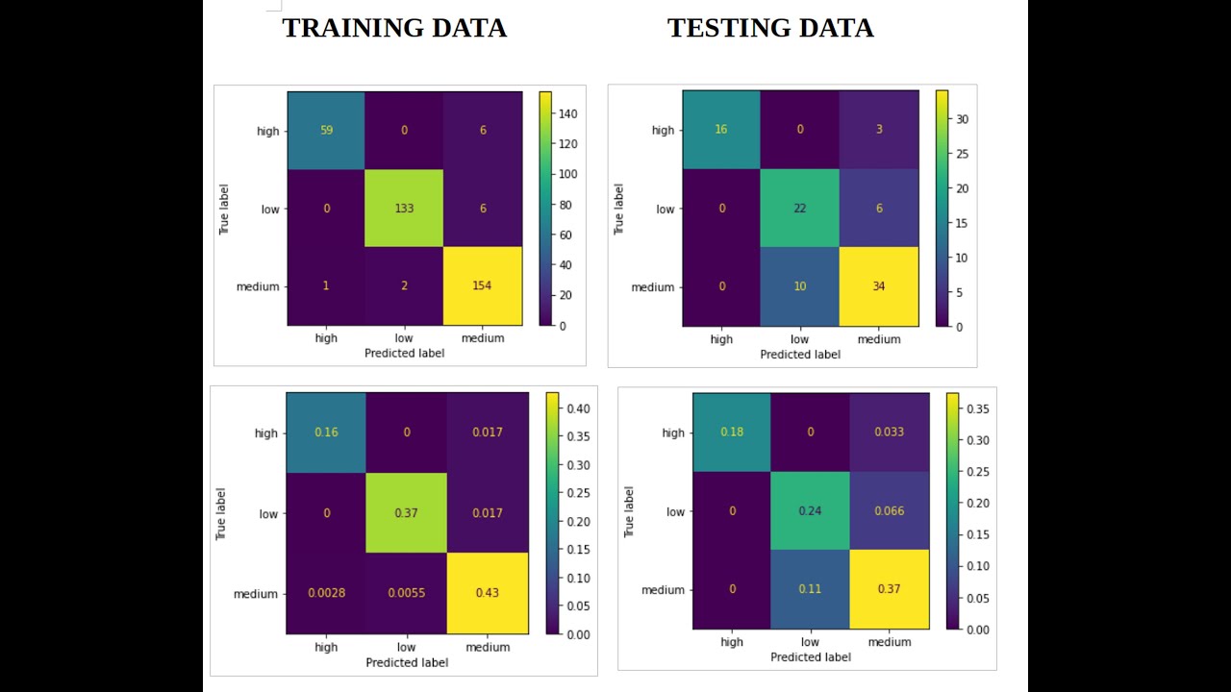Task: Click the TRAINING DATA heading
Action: click(x=393, y=29)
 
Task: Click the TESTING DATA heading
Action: click(x=770, y=29)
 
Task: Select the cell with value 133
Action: click(x=404, y=209)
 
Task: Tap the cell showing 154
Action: click(x=482, y=286)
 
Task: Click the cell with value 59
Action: click(x=326, y=131)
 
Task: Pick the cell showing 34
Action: click(x=879, y=287)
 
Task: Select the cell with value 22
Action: click(x=800, y=209)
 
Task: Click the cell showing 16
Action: click(x=721, y=130)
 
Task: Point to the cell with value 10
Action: click(x=800, y=287)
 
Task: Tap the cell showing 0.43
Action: click(x=488, y=593)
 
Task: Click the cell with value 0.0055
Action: click(x=407, y=593)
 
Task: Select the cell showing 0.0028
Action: click(x=326, y=593)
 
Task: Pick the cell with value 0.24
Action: click(x=811, y=511)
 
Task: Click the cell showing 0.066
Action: click(x=889, y=511)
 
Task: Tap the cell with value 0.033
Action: click(x=889, y=432)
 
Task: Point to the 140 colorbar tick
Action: click(x=568, y=113)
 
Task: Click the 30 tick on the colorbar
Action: click(x=963, y=119)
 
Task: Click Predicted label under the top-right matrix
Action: click(x=800, y=355)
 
